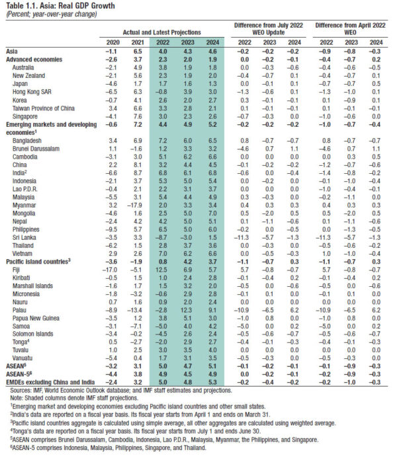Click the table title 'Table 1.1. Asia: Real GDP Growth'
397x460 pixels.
pos(56,6)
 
